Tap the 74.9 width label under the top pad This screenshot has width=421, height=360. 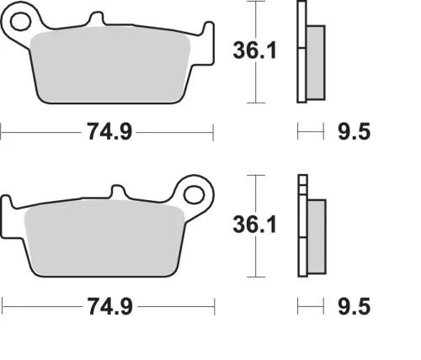point(109,132)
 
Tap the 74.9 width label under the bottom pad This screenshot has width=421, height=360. point(109,306)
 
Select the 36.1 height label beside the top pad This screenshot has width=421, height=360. point(254,50)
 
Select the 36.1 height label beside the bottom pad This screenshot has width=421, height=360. point(254,225)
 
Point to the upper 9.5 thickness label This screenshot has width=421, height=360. point(354,131)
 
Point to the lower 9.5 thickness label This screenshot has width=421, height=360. point(354,306)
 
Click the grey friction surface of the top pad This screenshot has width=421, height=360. point(110,65)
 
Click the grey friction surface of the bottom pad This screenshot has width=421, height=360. point(104,238)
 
